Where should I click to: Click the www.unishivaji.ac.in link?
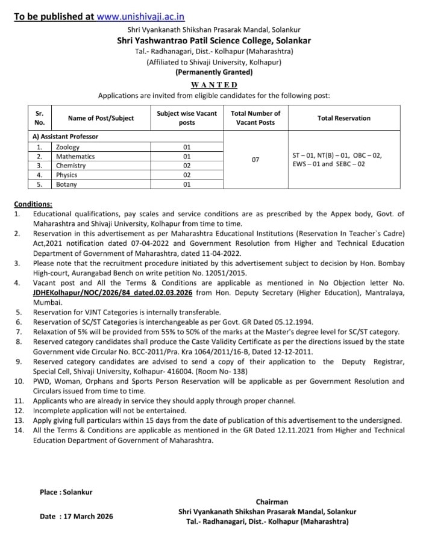[x=140, y=16]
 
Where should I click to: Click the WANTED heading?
[x=214, y=85]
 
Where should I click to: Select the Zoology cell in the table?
[x=67, y=147]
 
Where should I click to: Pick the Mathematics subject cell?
[x=75, y=157]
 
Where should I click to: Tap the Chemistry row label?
[x=71, y=166]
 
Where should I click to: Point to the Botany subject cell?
[x=66, y=184]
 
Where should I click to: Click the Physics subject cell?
[x=67, y=175]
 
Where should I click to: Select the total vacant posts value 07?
[x=255, y=160]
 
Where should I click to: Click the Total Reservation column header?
[x=343, y=118]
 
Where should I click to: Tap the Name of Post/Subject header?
[x=101, y=118]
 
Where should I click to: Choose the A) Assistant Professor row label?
[x=65, y=137]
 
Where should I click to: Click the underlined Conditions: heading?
[x=33, y=204]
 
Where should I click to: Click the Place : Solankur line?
[x=66, y=492]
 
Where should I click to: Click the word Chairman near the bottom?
[x=272, y=502]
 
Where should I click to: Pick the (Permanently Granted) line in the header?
[x=214, y=72]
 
